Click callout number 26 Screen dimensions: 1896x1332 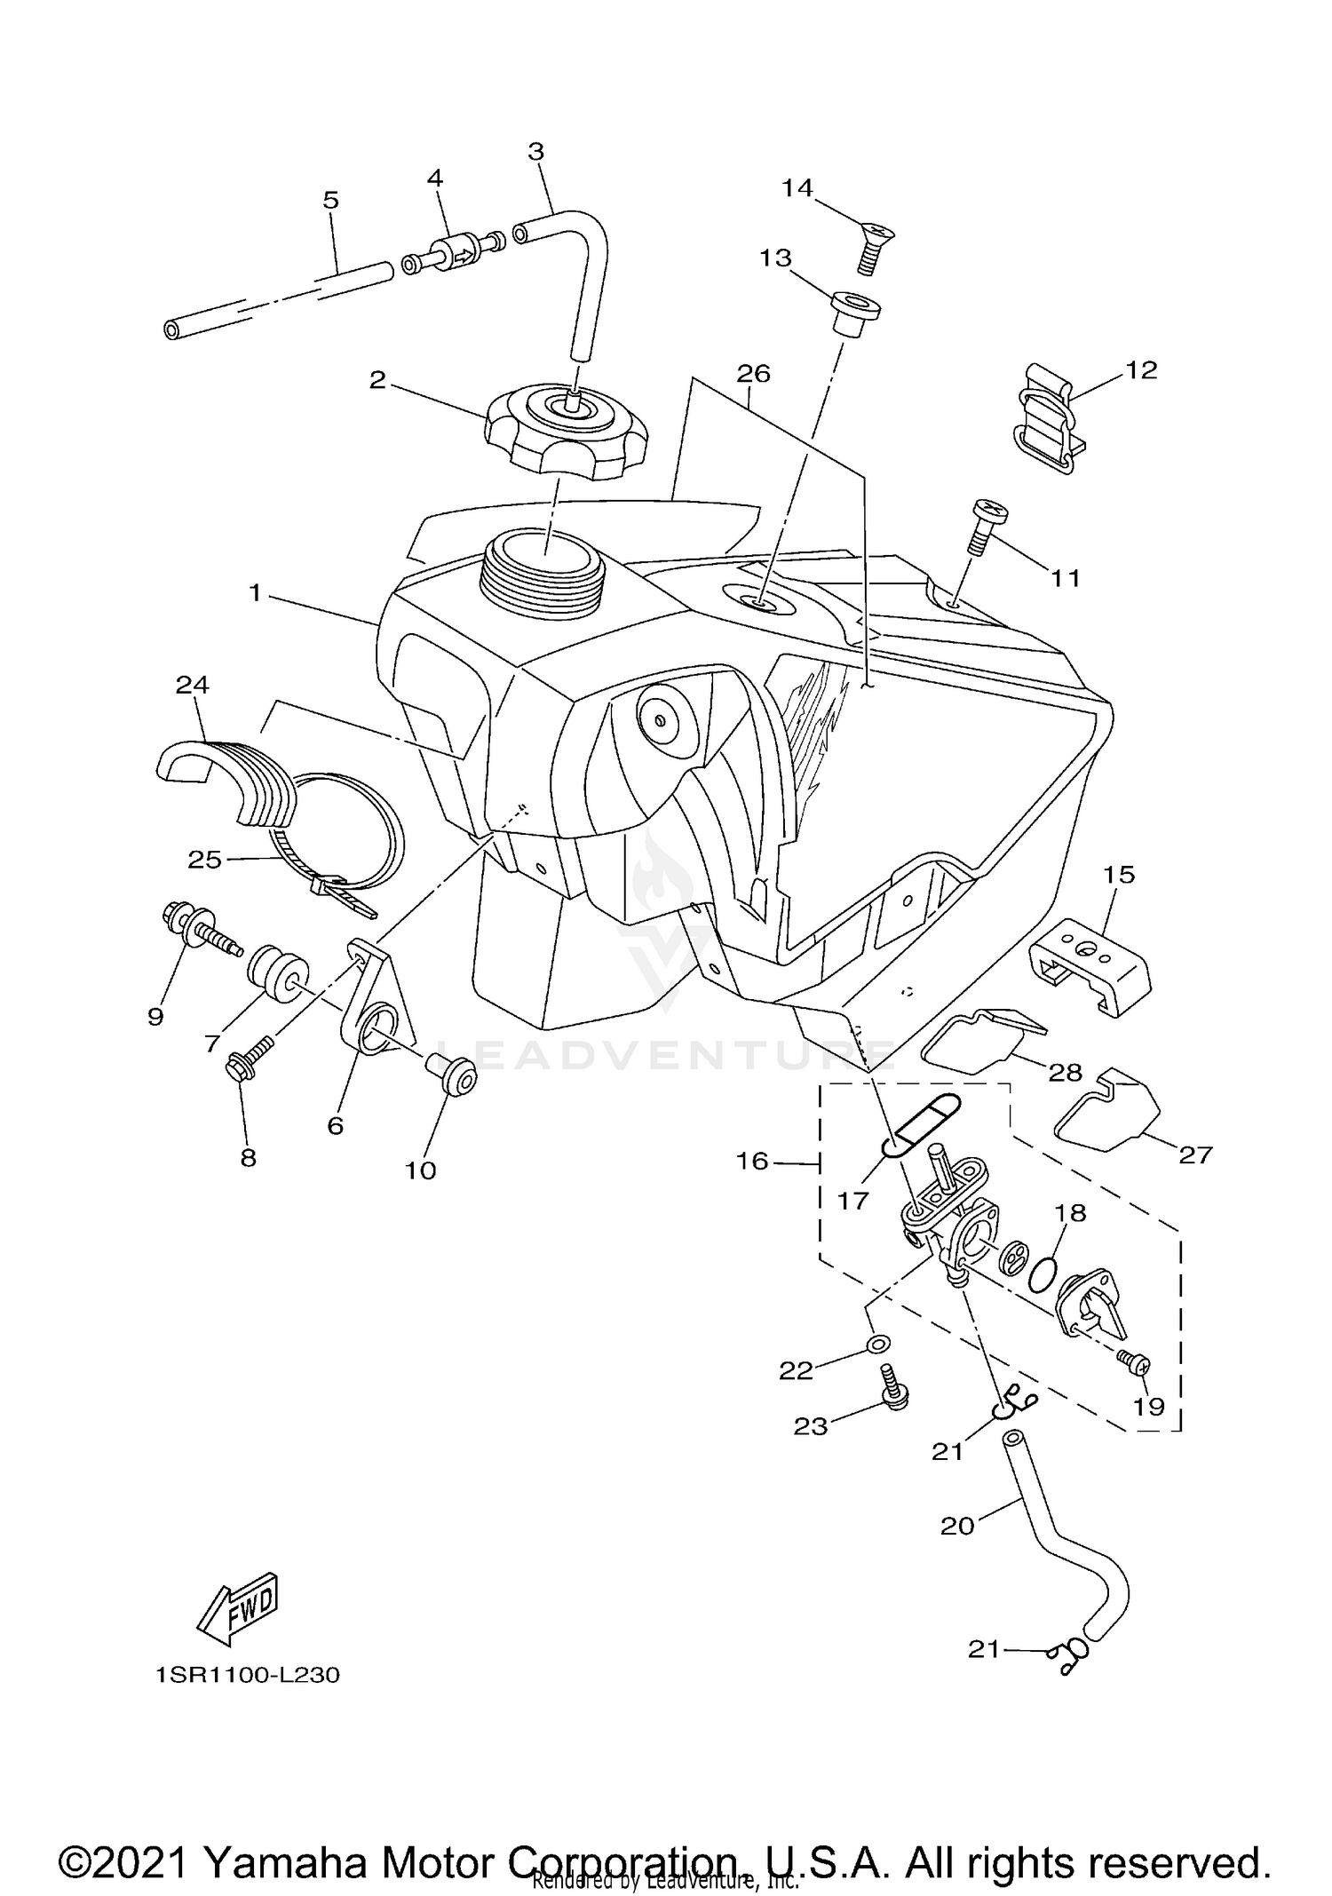coord(753,374)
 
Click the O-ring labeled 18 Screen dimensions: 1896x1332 coord(1043,1277)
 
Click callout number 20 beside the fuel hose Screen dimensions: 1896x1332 coord(957,1526)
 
